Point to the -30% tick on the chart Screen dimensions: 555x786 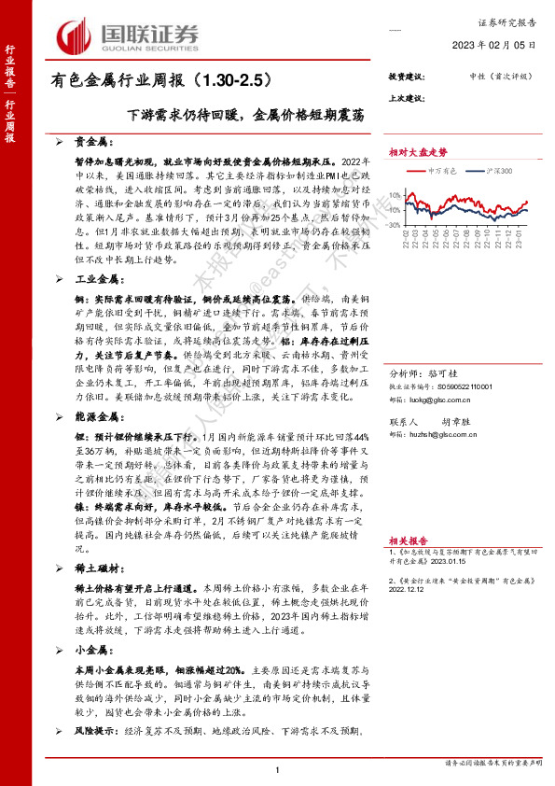pos(397,225)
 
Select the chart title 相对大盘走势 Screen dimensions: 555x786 pos(418,150)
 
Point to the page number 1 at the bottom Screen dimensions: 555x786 pos(278,769)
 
